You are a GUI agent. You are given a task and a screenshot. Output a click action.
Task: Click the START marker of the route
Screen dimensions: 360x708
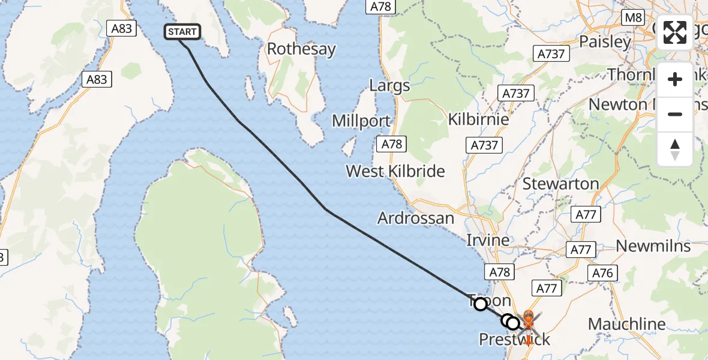(x=182, y=32)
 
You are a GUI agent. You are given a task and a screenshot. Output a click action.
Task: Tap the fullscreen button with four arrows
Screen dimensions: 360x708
(x=675, y=32)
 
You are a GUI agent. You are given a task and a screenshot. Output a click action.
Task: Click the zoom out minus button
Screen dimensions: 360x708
(x=675, y=114)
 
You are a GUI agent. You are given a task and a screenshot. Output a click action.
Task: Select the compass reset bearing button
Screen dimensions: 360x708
(x=675, y=149)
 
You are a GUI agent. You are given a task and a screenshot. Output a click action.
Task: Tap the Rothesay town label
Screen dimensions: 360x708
(x=301, y=49)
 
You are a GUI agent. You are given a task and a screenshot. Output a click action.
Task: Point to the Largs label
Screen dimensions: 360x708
(x=389, y=85)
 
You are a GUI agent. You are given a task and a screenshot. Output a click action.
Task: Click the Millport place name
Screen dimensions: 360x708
(x=362, y=121)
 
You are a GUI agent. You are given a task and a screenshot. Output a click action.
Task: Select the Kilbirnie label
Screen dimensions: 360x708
(x=479, y=119)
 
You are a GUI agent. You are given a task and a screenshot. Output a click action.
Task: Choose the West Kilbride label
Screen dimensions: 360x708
(x=395, y=172)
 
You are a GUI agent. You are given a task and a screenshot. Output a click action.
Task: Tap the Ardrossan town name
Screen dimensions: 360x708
(x=416, y=218)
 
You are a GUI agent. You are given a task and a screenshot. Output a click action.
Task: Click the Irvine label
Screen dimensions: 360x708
(x=488, y=240)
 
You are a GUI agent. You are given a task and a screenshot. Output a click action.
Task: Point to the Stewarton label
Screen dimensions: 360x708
(x=561, y=184)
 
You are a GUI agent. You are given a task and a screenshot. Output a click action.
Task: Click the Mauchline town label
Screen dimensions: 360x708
(x=627, y=325)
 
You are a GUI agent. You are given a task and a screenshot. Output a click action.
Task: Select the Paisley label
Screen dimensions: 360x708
(x=605, y=42)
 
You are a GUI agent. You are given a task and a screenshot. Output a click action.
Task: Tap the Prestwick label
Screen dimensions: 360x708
(x=514, y=340)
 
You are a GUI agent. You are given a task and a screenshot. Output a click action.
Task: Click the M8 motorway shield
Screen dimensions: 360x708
(x=634, y=17)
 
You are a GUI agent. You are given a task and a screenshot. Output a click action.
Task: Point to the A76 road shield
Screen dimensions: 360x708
(x=602, y=273)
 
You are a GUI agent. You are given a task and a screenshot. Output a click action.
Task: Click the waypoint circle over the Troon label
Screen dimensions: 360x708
(x=481, y=304)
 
